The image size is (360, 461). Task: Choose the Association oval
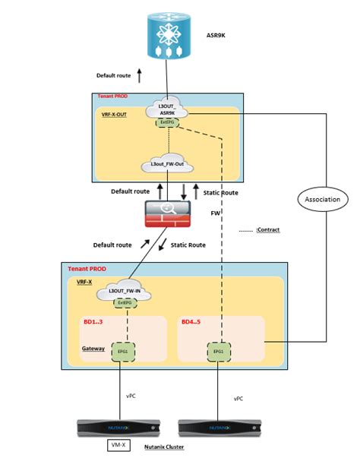pos(322,200)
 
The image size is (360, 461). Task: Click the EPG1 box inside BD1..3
pos(121,354)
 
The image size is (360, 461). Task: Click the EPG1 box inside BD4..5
pos(219,354)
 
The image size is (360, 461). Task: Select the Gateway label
pos(93,350)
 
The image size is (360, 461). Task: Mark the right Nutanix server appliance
pos(219,428)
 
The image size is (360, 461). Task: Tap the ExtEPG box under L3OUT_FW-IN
pos(121,304)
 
